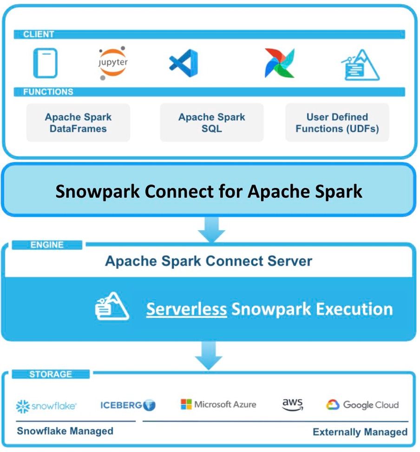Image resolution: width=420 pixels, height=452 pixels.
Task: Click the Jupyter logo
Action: tap(113, 62)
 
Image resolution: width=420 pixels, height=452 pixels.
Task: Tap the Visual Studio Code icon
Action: tap(183, 63)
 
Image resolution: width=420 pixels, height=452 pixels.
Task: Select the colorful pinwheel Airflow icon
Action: tap(280, 63)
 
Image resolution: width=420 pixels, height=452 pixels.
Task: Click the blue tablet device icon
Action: tap(45, 63)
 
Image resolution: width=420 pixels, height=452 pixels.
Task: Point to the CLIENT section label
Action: tap(39, 34)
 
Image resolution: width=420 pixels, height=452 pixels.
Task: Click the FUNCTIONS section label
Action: tap(48, 92)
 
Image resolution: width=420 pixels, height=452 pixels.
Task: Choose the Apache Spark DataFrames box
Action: tap(78, 123)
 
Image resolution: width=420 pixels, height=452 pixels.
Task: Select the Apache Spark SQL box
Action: tap(211, 123)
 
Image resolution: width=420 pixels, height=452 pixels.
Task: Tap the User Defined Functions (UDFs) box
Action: tap(337, 123)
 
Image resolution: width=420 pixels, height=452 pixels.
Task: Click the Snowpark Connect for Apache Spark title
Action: tap(209, 191)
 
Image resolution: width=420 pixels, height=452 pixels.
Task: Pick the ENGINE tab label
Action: tap(47, 245)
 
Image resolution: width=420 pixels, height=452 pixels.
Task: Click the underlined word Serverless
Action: tap(186, 309)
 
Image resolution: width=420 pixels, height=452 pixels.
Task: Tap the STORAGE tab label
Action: tap(51, 374)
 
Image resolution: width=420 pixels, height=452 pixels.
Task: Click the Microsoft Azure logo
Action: tap(218, 404)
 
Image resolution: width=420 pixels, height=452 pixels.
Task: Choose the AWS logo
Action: tap(292, 405)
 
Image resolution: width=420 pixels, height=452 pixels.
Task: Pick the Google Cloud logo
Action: tap(362, 405)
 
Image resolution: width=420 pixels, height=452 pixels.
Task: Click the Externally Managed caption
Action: tap(360, 432)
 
